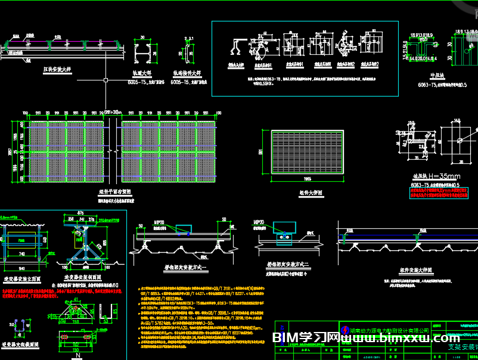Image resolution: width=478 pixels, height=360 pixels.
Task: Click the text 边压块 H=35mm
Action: (437, 176)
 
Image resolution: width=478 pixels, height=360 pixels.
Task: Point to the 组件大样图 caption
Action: (311, 193)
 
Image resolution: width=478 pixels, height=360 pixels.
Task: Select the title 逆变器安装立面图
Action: (22, 278)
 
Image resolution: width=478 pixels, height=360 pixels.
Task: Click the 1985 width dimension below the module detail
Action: (307, 179)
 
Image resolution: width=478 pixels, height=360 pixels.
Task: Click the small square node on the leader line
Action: (105, 79)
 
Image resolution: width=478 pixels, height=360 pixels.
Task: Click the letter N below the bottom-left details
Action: (77, 355)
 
